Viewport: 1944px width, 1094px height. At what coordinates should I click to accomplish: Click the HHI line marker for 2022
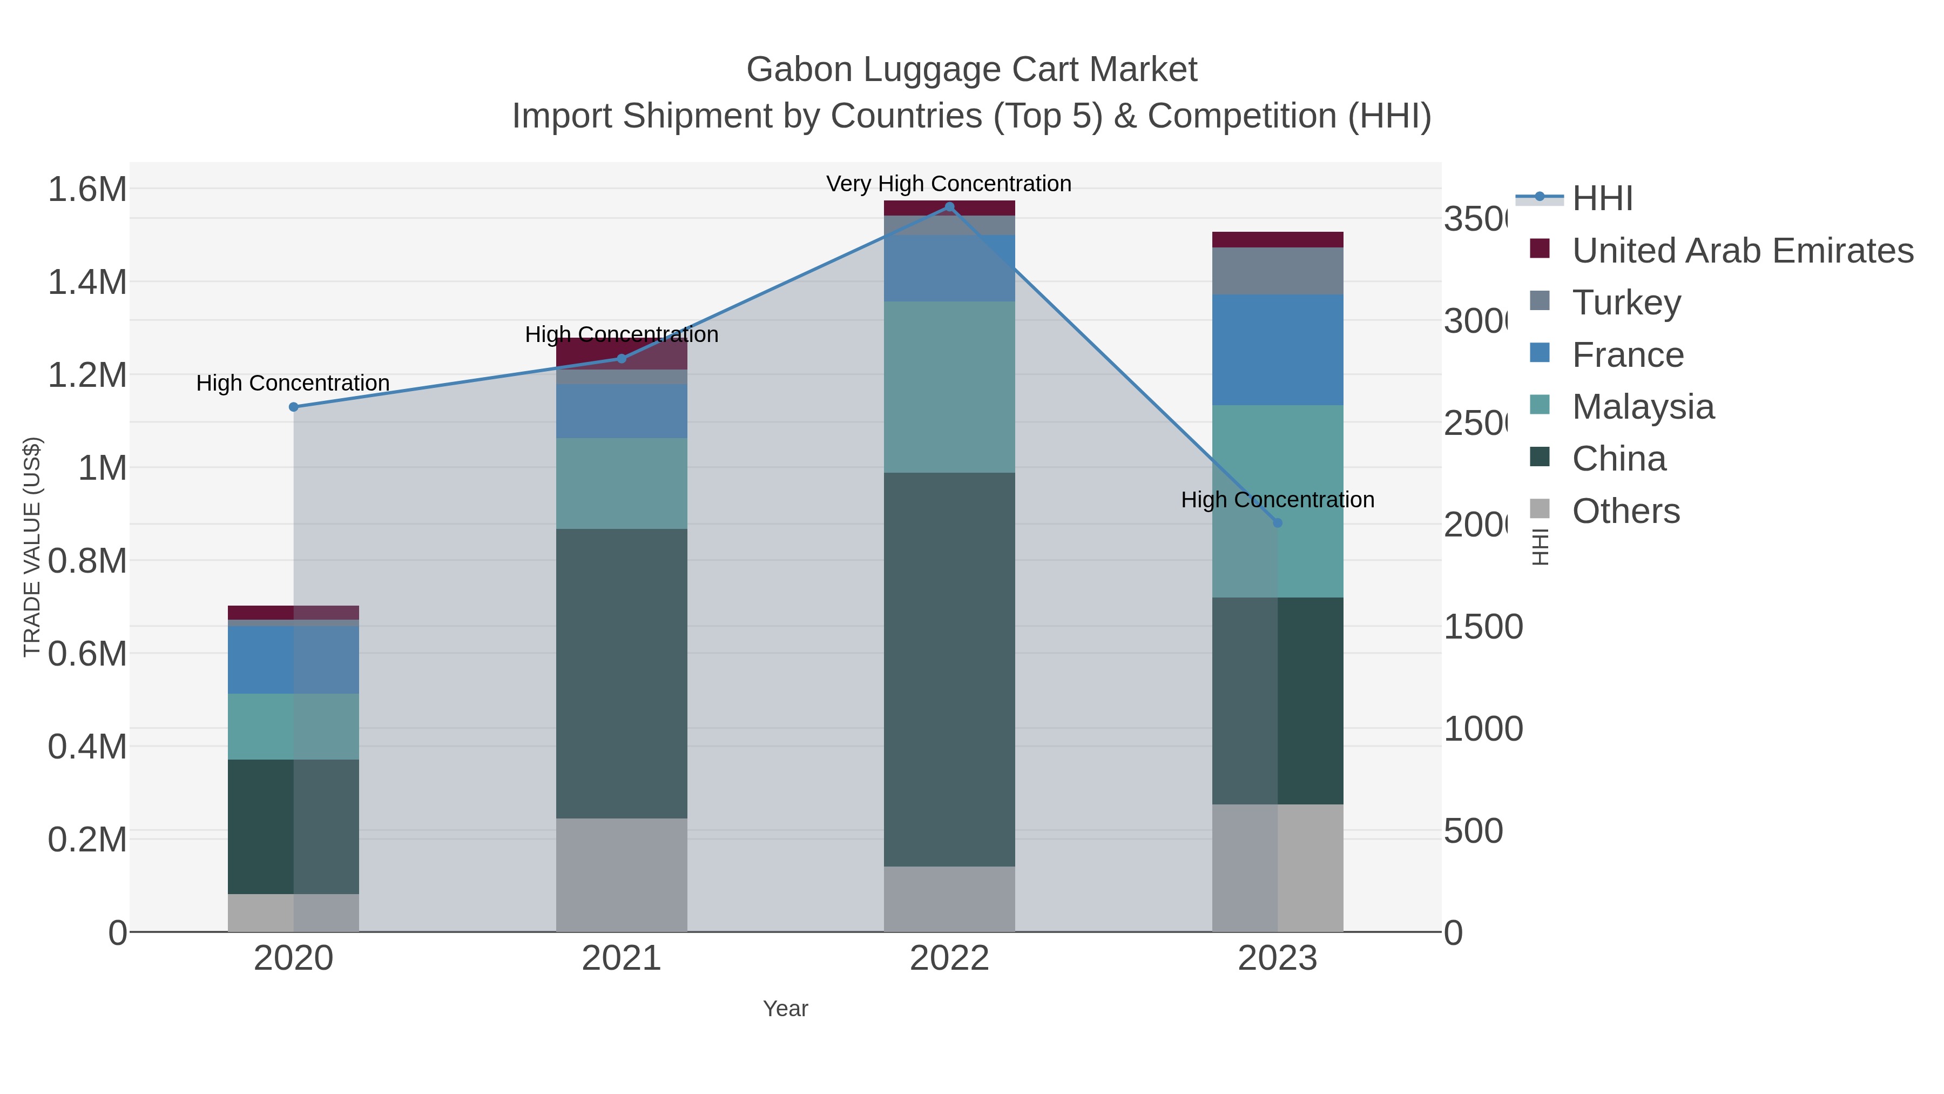[x=949, y=207]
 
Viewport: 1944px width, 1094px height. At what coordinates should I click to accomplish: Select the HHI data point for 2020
[x=294, y=407]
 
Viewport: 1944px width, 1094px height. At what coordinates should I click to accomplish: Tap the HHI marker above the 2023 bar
[x=1277, y=522]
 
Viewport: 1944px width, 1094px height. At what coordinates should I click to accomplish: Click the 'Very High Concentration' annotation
[x=949, y=184]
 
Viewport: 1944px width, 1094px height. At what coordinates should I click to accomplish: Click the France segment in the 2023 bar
[x=1277, y=350]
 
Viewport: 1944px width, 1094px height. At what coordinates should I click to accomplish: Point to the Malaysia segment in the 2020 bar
[x=294, y=726]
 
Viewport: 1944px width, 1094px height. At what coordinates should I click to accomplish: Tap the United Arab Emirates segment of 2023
[x=1277, y=239]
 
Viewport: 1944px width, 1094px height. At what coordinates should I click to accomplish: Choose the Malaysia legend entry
[x=1642, y=407]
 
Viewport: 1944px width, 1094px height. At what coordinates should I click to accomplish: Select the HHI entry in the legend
[x=1602, y=199]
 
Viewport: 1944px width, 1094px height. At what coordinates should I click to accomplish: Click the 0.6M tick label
[x=87, y=654]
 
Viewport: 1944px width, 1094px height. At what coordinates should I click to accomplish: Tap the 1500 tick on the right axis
[x=1482, y=627]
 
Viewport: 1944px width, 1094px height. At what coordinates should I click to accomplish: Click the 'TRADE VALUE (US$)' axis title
[x=32, y=547]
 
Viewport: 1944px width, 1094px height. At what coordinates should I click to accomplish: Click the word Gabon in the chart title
[x=799, y=70]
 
